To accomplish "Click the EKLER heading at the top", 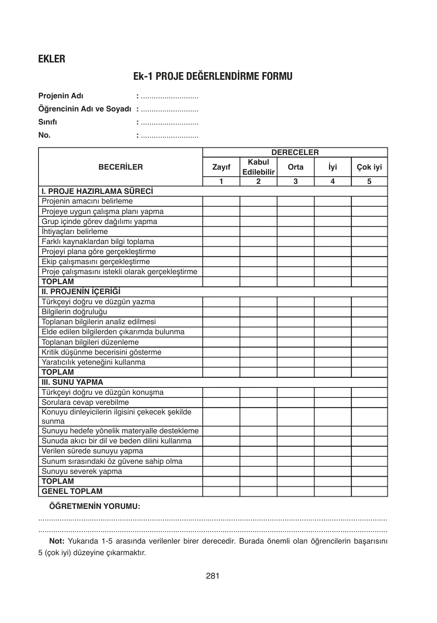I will tap(52, 59).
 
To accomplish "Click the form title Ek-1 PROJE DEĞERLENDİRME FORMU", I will tap(213, 76).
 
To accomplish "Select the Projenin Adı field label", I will tap(61, 96).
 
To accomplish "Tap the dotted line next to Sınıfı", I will tap(170, 123).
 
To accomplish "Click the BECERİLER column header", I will tap(121, 167).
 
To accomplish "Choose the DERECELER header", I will tap(295, 153).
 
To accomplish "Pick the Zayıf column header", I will tap(221, 167).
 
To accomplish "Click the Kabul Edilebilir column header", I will tap(258, 167).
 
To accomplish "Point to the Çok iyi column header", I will tap(369, 167).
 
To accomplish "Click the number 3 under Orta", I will tap(296, 182).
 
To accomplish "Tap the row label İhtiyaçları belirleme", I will tap(75, 232).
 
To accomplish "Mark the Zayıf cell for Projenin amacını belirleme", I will tap(221, 201).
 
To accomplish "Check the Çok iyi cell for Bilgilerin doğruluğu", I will tap(369, 312).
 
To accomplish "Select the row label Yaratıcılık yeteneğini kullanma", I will tap(94, 362).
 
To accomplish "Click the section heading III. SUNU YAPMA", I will tap(72, 382).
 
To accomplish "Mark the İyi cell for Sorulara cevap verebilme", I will tap(333, 402).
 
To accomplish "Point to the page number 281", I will tap(213, 576).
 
